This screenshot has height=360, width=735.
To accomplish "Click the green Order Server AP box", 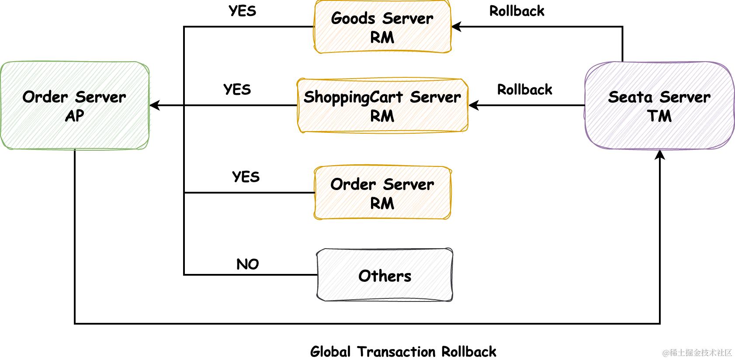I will click(75, 106).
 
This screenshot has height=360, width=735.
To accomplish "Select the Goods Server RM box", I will click(382, 27).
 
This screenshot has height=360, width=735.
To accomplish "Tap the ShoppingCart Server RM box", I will click(382, 106).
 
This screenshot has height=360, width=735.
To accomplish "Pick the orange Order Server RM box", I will click(382, 193).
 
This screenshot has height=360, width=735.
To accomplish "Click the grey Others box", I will click(385, 275).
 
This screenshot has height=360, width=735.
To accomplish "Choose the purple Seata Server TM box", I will click(659, 106).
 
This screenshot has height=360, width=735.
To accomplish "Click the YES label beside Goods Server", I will click(243, 11).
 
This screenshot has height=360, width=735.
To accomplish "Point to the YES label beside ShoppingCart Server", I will click(237, 90).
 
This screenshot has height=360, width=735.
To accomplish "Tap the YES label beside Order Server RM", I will click(246, 177).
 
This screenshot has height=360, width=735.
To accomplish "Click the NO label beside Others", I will click(248, 264).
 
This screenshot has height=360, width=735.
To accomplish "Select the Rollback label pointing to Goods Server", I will click(517, 11).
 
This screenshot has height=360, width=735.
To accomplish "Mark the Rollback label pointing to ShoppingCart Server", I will click(525, 90).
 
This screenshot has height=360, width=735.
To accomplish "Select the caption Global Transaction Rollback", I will click(403, 352).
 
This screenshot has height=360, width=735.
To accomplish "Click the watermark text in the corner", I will click(697, 353).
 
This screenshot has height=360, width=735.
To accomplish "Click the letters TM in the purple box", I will click(659, 116).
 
